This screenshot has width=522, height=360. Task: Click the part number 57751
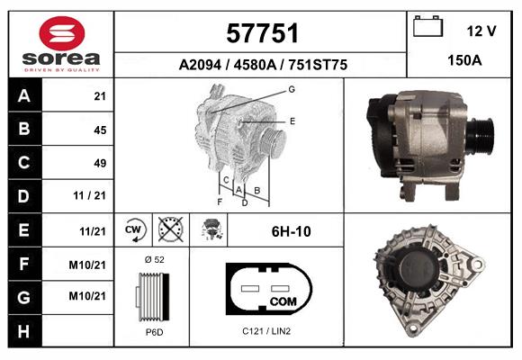point(261,34)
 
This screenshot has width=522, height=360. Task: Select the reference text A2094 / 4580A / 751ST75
point(261,66)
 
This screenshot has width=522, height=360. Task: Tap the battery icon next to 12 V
point(428,28)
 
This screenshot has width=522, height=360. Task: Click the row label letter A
point(22,96)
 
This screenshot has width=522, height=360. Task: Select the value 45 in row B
point(99,130)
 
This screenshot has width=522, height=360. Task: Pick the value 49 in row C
point(99,163)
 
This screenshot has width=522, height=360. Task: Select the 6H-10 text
point(291,231)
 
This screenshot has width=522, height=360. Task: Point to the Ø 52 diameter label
point(153,259)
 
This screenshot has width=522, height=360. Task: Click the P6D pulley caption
point(153,331)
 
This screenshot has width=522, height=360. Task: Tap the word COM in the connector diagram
point(283,300)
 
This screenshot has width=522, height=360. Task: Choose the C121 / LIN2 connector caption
point(266,331)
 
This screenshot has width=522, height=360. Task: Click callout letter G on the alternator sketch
point(292,89)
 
